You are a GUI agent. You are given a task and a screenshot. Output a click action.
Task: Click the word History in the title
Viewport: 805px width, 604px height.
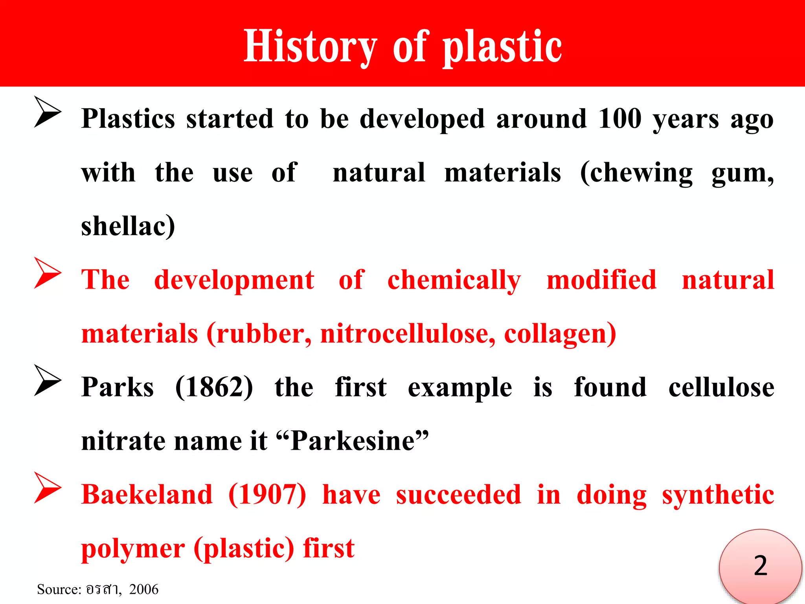click(310, 46)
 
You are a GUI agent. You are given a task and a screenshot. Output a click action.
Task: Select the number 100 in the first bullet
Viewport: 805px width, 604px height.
click(620, 118)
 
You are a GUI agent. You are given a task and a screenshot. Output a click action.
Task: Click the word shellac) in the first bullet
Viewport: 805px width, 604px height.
click(128, 226)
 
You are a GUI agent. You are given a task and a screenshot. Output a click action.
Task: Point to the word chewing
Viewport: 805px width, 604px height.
click(636, 173)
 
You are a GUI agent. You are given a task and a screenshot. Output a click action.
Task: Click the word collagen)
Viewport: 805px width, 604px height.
click(560, 334)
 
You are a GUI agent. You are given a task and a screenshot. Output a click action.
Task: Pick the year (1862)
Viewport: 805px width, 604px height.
click(214, 387)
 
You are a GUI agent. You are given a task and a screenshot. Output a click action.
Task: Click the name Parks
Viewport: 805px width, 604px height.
click(117, 387)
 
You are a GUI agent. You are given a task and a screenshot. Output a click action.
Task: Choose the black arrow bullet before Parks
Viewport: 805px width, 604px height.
click(47, 380)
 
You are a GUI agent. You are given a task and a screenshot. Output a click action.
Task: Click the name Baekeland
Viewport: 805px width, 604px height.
click(147, 495)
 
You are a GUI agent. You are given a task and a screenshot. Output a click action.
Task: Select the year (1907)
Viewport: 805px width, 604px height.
click(267, 495)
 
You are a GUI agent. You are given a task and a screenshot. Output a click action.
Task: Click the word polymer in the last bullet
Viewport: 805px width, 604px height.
click(133, 549)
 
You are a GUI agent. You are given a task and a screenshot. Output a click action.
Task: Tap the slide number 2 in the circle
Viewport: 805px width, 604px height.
click(760, 566)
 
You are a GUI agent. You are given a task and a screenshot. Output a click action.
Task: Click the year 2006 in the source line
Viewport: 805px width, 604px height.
click(143, 589)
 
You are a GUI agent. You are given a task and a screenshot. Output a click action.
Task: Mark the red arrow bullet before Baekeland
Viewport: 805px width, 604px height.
click(47, 488)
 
